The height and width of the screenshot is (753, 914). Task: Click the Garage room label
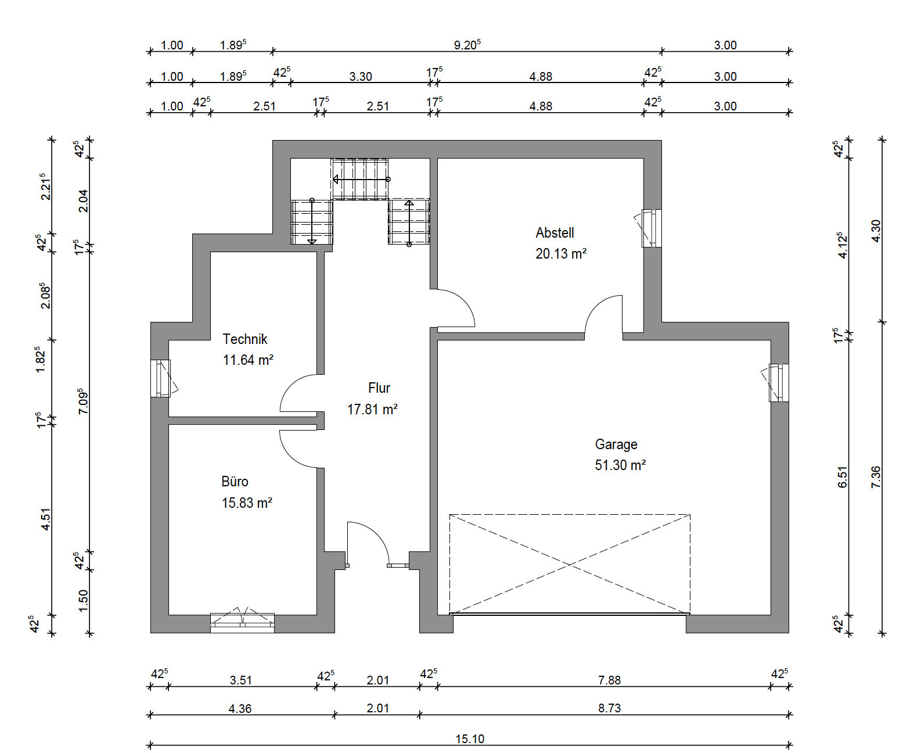pyautogui.click(x=616, y=444)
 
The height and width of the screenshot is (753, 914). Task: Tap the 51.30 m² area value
pyautogui.click(x=620, y=465)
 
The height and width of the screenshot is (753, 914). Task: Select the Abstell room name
pyautogui.click(x=555, y=233)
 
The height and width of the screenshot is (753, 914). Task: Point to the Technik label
pyautogui.click(x=245, y=339)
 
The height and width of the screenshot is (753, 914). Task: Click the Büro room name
pyautogui.click(x=235, y=482)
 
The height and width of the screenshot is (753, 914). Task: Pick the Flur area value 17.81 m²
pyautogui.click(x=372, y=409)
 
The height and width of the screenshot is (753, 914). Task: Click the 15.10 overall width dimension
pyautogui.click(x=470, y=738)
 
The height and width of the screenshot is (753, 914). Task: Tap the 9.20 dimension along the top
pyautogui.click(x=467, y=45)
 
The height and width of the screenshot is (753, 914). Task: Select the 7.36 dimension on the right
pyautogui.click(x=876, y=476)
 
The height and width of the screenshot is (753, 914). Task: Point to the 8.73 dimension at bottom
pyautogui.click(x=609, y=708)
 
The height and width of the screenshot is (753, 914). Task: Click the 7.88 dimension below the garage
pyautogui.click(x=609, y=680)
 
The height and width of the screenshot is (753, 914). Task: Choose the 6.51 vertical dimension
pyautogui.click(x=842, y=476)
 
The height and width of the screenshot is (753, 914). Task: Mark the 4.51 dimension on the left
pyautogui.click(x=45, y=519)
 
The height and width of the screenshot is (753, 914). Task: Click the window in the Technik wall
pyautogui.click(x=161, y=378)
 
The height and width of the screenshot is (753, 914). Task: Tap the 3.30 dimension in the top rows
pyautogui.click(x=361, y=76)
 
